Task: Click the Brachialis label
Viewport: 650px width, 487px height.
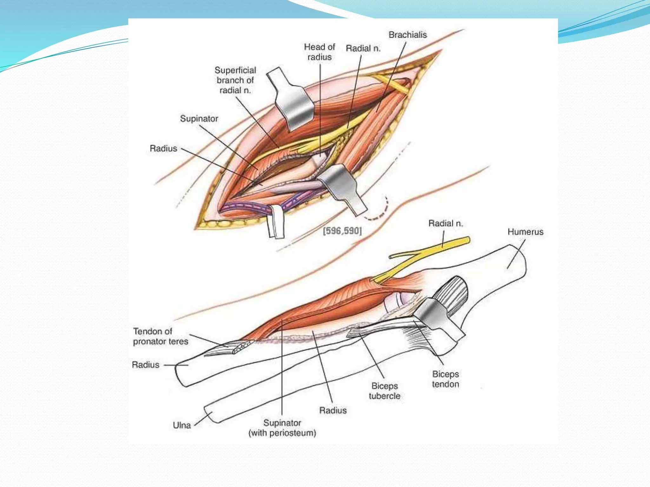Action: pos(408,35)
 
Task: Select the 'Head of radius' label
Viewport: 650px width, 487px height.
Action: pos(319,52)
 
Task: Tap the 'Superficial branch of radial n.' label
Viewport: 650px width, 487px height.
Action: pos(235,80)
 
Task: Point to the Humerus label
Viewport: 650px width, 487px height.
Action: pos(525,232)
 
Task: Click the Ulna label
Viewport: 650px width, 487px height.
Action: pos(182,425)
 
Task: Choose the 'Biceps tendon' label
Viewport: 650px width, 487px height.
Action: pos(445,379)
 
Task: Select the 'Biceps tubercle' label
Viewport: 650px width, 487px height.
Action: pos(384,391)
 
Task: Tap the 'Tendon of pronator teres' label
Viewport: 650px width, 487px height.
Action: pos(160,336)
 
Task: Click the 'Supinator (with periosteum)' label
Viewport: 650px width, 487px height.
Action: pos(282,428)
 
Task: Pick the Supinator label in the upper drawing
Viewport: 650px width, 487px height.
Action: pos(199,119)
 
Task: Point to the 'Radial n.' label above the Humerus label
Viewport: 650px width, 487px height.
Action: pos(445,224)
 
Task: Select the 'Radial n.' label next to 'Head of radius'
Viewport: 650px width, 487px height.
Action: pos(363,49)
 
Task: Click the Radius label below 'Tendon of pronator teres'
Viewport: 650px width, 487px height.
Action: pos(146,365)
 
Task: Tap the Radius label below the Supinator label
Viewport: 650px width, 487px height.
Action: pos(163,148)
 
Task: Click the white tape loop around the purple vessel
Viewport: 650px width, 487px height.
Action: pos(275,222)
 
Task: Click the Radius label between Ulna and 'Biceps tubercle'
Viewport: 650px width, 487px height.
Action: pos(333,410)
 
